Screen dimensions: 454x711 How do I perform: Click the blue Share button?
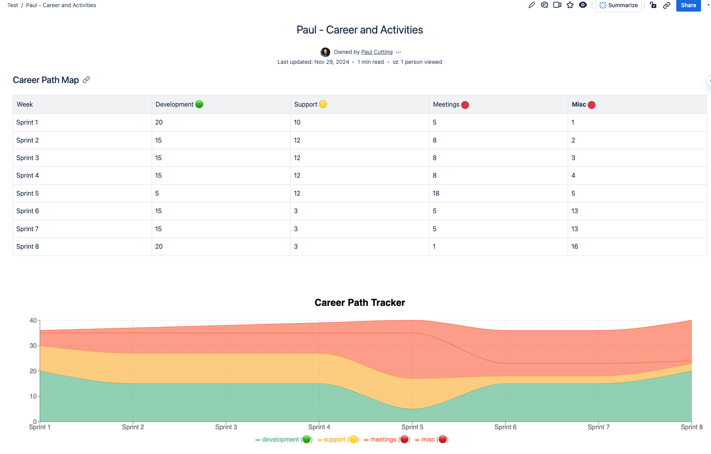(688, 6)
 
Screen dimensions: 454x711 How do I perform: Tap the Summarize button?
(618, 6)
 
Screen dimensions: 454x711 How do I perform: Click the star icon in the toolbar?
(570, 5)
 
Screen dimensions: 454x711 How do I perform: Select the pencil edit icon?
(531, 5)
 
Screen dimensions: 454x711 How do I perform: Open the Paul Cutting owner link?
(376, 52)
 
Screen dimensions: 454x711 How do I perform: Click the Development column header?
(174, 105)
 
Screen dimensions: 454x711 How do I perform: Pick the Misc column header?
(579, 105)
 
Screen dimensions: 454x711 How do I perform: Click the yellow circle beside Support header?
(323, 104)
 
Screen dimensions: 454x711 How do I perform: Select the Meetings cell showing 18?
(436, 194)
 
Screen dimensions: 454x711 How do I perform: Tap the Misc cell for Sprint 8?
(574, 247)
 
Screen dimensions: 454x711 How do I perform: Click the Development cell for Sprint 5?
(157, 194)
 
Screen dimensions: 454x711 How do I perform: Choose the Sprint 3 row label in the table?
(28, 158)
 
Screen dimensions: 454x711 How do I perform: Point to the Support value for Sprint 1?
(297, 123)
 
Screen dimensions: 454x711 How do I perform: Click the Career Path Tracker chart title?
(360, 303)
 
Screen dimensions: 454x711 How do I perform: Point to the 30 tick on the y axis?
(33, 346)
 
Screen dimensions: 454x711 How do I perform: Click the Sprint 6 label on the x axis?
(505, 427)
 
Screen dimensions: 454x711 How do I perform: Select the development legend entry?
(280, 440)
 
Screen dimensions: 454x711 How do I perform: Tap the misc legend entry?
(428, 440)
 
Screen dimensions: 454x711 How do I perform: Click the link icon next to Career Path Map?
(86, 80)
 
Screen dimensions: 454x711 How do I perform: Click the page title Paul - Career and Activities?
(360, 30)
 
